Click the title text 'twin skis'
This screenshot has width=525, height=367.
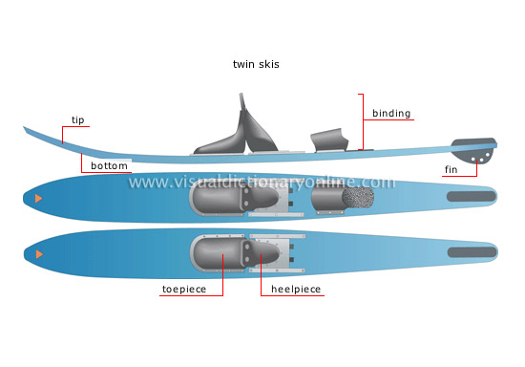(257, 64)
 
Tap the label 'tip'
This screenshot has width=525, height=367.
(77, 120)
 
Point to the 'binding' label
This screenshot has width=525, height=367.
(391, 114)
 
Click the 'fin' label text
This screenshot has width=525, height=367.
(451, 170)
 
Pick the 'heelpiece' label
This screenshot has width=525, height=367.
(296, 289)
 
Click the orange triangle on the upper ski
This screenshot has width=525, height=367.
(38, 198)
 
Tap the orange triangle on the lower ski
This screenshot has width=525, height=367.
(38, 254)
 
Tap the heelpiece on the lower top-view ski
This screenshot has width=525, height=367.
(269, 255)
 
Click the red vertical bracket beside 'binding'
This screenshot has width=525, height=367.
(362, 121)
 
